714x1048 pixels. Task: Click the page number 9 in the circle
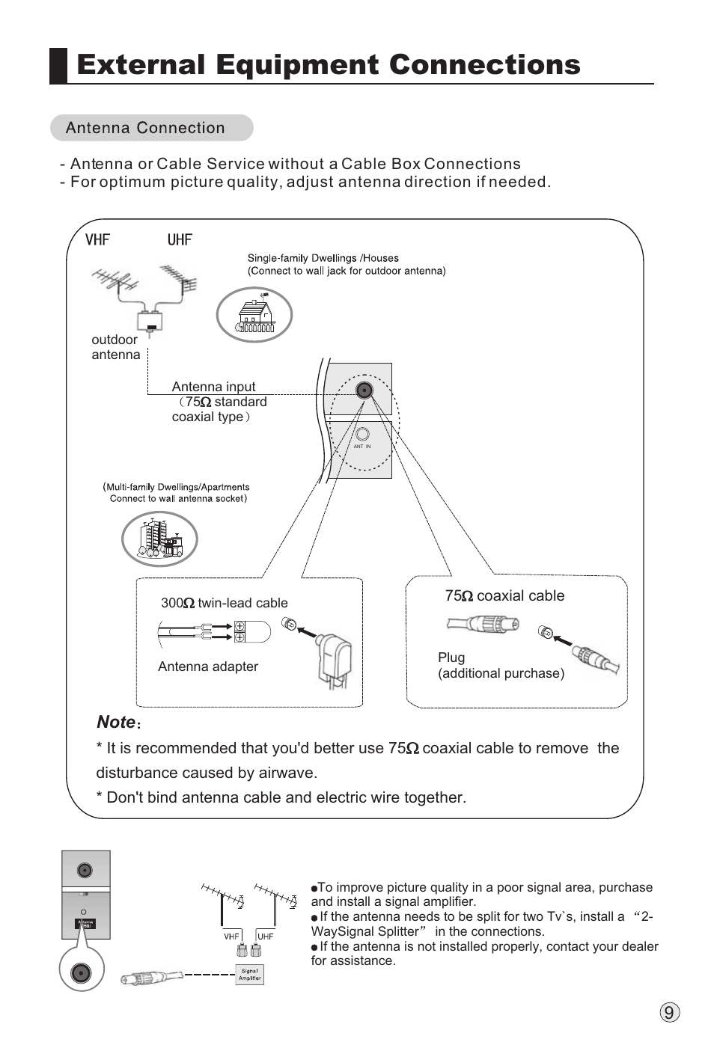tap(669, 1013)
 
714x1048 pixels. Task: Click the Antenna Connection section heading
tap(145, 128)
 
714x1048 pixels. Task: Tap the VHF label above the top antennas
tap(97, 239)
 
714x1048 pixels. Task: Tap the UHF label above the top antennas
tap(180, 239)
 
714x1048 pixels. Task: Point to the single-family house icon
tap(254, 315)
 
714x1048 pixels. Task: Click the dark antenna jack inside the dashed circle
tap(364, 390)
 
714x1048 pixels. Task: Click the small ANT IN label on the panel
tap(362, 447)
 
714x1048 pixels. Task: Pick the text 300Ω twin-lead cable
tap(224, 603)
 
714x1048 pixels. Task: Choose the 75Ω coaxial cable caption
tap(504, 595)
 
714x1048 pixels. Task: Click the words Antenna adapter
tap(208, 667)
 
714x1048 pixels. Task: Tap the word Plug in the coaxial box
tap(451, 658)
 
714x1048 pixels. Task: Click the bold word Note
tap(116, 722)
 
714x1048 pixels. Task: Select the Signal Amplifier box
tap(250, 974)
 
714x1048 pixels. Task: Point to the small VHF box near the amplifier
tap(231, 936)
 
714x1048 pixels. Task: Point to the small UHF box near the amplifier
tap(265, 936)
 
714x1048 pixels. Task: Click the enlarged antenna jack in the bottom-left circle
tap(81, 972)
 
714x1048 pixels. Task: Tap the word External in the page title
tap(141, 65)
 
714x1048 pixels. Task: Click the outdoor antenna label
tap(115, 347)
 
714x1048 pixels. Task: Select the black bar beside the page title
tap(58, 65)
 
